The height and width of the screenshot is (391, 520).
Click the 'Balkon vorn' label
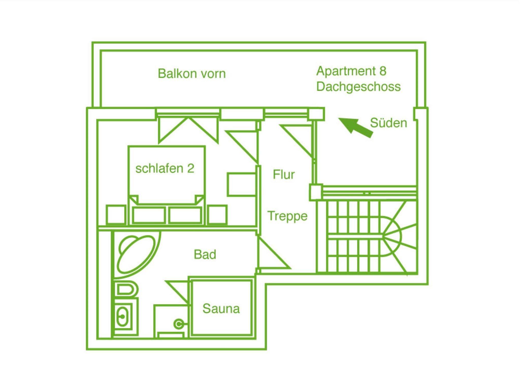tap(192, 73)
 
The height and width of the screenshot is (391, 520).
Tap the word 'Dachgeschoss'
tap(358, 87)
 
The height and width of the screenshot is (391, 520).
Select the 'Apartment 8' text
tap(351, 71)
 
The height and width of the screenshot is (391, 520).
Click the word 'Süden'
tap(388, 123)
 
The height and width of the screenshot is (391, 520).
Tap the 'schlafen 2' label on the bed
tap(165, 168)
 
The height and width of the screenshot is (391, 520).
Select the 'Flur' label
tap(284, 174)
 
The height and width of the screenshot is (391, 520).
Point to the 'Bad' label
tap(205, 254)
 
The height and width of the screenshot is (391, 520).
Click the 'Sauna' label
tap(221, 309)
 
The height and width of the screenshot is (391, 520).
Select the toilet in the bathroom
tap(126, 290)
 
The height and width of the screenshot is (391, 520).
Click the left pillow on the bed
tap(149, 215)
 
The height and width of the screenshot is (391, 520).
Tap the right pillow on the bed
tap(185, 215)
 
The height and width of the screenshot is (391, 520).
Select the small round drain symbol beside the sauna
tap(178, 324)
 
